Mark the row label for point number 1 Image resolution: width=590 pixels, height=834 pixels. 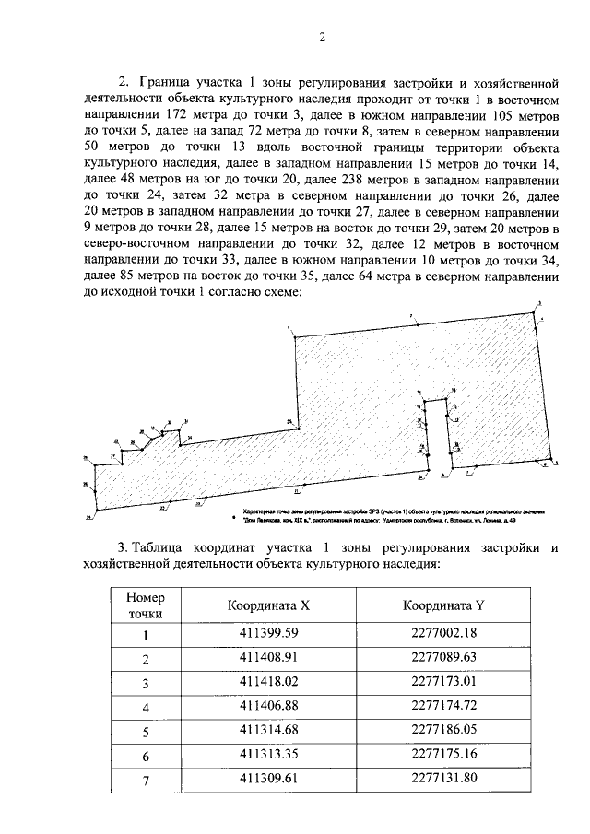pyautogui.click(x=145, y=634)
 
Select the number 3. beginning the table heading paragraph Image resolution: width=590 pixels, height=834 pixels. pyautogui.click(x=125, y=549)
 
